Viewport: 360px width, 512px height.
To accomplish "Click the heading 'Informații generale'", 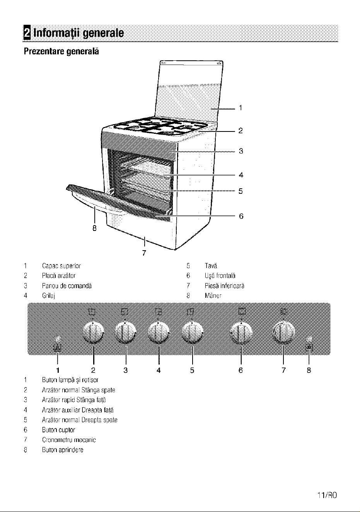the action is (78, 34).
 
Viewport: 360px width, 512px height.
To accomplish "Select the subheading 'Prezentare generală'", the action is (61, 51).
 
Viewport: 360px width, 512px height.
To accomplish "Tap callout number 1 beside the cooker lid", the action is (241, 108).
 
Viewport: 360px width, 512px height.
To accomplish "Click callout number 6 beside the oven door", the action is (241, 216).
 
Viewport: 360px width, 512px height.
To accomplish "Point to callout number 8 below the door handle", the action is (94, 228).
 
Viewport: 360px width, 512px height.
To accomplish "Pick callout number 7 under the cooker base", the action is (144, 253).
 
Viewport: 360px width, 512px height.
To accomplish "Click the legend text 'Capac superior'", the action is (61, 266).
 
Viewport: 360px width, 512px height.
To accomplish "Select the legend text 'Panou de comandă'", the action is (67, 286).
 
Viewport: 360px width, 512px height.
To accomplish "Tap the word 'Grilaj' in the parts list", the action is (48, 296).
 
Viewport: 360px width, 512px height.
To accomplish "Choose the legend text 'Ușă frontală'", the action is (220, 276).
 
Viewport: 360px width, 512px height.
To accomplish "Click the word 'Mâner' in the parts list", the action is (213, 296).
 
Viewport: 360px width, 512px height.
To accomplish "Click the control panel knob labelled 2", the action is (93, 333).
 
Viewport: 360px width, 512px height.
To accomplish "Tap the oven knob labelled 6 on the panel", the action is (241, 333).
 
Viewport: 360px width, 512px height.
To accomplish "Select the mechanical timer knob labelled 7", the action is (284, 333).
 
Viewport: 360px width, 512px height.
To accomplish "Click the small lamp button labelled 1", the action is (57, 339).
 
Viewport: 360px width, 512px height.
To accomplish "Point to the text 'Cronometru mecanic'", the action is (69, 440).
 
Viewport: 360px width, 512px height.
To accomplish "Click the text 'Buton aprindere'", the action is (63, 450).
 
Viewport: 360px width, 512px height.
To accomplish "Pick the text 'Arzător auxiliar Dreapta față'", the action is (78, 410).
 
